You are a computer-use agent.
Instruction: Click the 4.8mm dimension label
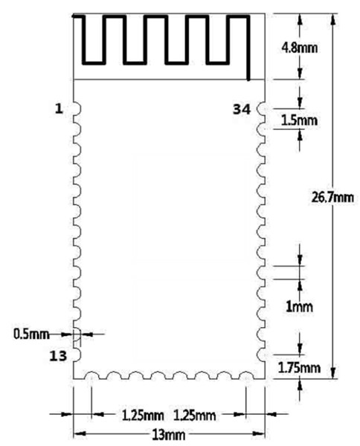tap(300, 48)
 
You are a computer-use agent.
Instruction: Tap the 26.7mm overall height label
tap(332, 197)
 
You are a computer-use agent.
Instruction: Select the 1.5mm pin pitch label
tap(299, 120)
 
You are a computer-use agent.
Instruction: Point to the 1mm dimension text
tap(299, 306)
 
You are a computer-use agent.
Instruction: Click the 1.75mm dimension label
tap(299, 368)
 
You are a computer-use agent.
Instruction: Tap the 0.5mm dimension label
tap(31, 334)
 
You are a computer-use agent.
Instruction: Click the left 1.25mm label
tap(143, 416)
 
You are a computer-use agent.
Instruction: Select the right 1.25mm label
tap(194, 416)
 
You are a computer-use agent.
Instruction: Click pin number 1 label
tap(59, 109)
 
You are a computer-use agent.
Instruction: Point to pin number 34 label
tap(242, 109)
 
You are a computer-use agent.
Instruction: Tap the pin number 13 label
tap(58, 356)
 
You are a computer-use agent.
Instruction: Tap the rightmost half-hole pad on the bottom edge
tap(246, 372)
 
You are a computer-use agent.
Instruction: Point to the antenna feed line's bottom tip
tap(248, 80)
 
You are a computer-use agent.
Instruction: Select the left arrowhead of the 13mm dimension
tap(80, 434)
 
